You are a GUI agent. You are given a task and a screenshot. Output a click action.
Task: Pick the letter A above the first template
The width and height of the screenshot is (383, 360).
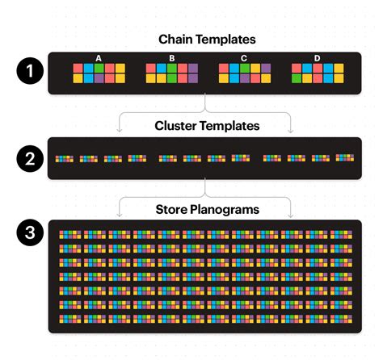tap(98, 57)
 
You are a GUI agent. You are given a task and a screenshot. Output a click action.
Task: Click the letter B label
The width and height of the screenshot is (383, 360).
tap(171, 57)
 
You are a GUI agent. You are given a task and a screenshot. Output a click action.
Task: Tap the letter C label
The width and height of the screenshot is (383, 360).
tap(244, 57)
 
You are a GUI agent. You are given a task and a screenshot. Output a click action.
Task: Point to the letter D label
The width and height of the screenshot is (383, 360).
tap(317, 57)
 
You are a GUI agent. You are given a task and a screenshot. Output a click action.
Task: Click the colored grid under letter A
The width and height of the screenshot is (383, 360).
tap(99, 73)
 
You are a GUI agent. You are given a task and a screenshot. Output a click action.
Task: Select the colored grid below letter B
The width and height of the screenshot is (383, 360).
tap(171, 73)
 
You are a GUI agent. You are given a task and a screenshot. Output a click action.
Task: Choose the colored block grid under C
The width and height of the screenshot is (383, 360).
tap(244, 73)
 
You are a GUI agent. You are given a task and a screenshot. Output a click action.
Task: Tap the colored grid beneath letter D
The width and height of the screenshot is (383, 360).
tap(317, 73)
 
